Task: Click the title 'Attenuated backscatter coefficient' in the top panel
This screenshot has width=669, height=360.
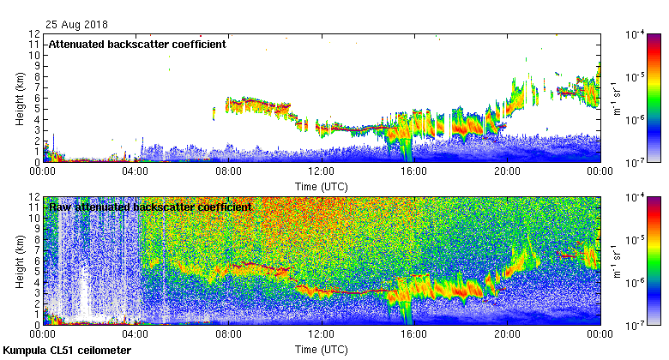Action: tap(137, 44)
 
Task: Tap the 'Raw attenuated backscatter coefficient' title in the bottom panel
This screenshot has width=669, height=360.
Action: tap(150, 207)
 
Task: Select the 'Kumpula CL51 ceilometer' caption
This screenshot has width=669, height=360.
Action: tap(67, 351)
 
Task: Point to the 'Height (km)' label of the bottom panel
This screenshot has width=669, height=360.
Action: tap(19, 261)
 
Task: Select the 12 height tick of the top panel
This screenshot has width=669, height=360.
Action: tap(35, 34)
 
